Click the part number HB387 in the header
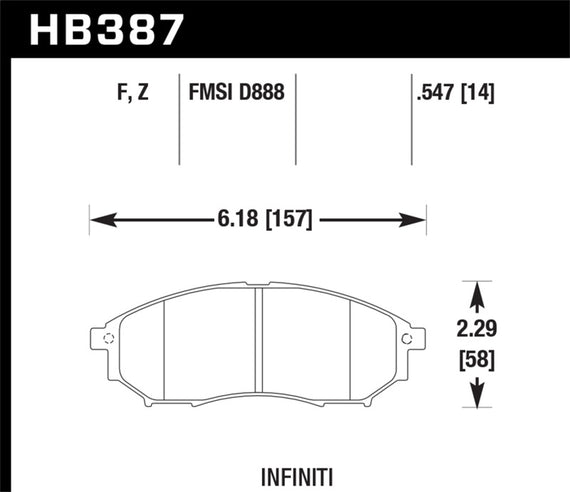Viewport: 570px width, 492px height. point(108,29)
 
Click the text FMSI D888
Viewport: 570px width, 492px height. point(237,95)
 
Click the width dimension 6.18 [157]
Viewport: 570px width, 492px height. point(258,219)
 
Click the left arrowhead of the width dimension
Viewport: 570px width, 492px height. point(97,219)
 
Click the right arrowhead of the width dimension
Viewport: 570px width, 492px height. point(420,219)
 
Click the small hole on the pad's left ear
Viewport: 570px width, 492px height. point(109,339)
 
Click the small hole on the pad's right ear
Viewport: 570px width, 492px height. point(406,339)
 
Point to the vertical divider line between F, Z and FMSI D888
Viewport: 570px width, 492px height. point(178,120)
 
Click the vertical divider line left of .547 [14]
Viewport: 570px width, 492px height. point(413,120)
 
